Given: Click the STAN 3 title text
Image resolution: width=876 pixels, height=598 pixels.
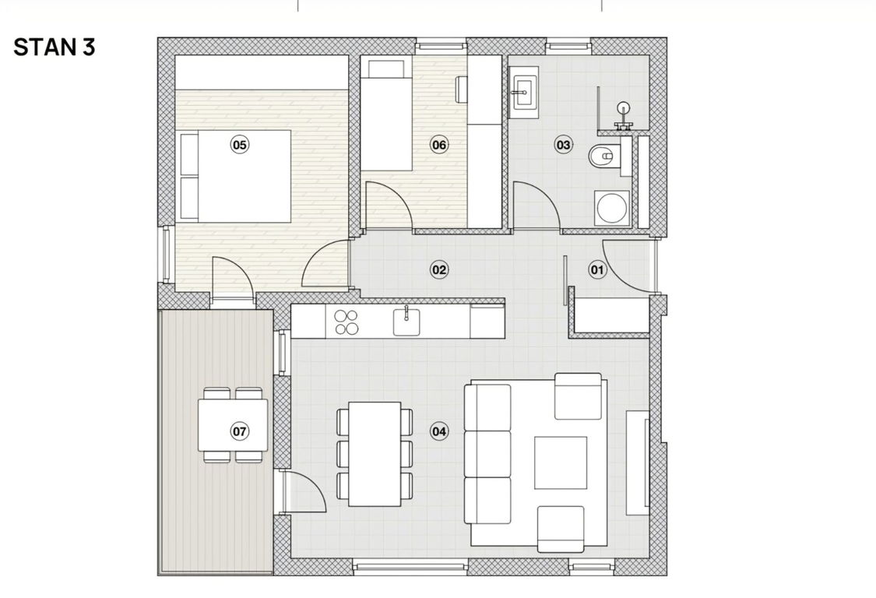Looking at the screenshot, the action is click(55, 47).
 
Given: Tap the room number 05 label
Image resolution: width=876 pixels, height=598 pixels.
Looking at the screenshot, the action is click(240, 145).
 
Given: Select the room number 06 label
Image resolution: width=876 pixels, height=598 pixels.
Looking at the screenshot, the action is click(439, 145).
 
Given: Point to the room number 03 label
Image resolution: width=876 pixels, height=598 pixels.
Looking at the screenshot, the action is click(563, 145).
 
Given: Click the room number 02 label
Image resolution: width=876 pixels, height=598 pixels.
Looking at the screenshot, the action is click(439, 270).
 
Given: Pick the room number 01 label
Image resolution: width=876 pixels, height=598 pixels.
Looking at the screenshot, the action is click(597, 270).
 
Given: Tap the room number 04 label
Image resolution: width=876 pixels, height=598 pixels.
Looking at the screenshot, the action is click(439, 431).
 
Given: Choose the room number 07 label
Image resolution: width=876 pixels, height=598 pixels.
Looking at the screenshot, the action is click(240, 431).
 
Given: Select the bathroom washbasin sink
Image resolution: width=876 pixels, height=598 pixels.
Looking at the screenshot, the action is click(523, 92).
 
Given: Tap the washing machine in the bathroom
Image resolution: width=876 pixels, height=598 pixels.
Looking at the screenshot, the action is click(612, 208).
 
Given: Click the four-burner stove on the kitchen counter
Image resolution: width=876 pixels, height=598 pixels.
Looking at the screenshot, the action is click(346, 322).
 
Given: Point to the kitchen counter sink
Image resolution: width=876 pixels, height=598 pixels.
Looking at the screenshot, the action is click(406, 322).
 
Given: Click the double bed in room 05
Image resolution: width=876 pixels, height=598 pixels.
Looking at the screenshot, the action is click(235, 176).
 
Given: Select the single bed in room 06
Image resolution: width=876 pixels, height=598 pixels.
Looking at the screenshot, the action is click(386, 115).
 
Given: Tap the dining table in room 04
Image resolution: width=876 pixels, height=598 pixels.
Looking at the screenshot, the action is click(375, 454).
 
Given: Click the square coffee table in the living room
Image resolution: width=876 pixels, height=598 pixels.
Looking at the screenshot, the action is click(561, 463).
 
